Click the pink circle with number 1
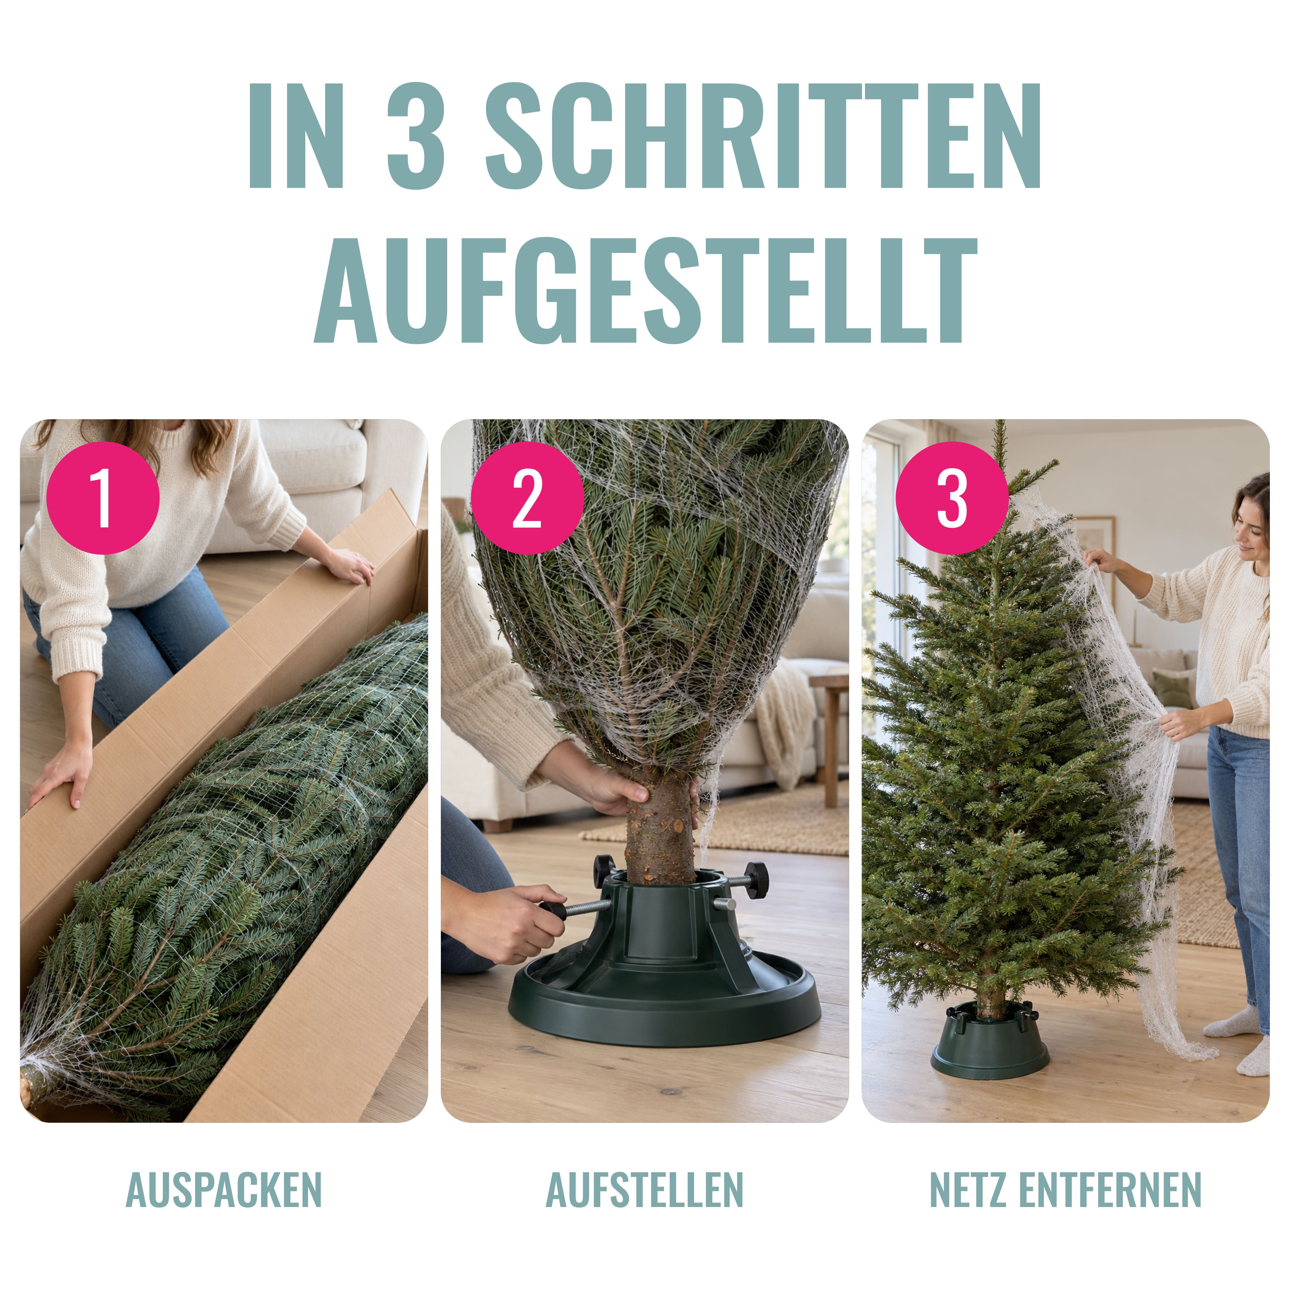tap(103, 497)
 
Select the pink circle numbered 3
tap(951, 497)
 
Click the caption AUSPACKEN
tap(224, 1190)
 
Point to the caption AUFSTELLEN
tap(644, 1190)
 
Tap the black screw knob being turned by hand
tap(552, 908)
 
